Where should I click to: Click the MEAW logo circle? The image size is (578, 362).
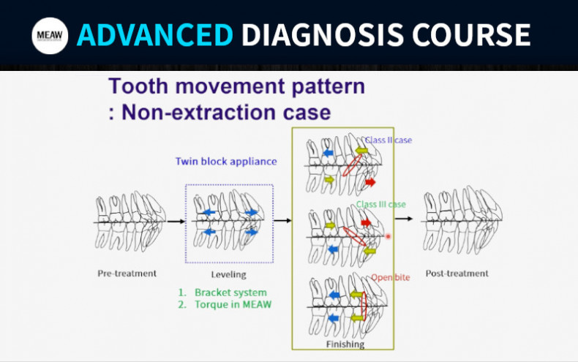click(x=50, y=35)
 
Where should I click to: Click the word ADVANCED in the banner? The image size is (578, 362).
click(x=155, y=34)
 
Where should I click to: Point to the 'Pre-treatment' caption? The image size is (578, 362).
click(x=127, y=274)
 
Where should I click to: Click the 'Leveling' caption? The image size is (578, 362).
click(x=228, y=275)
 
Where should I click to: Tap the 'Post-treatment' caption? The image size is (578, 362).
click(x=457, y=274)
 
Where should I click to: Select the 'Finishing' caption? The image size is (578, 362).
click(x=344, y=343)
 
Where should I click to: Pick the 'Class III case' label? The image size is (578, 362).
click(x=380, y=204)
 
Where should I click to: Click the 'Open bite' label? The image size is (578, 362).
click(x=390, y=277)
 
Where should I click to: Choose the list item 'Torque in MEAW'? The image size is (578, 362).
click(x=233, y=304)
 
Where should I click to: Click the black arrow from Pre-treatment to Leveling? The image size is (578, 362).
click(x=176, y=221)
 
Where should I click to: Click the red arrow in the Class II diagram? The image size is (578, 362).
click(x=369, y=181)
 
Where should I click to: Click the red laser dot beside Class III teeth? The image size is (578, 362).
click(x=388, y=236)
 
